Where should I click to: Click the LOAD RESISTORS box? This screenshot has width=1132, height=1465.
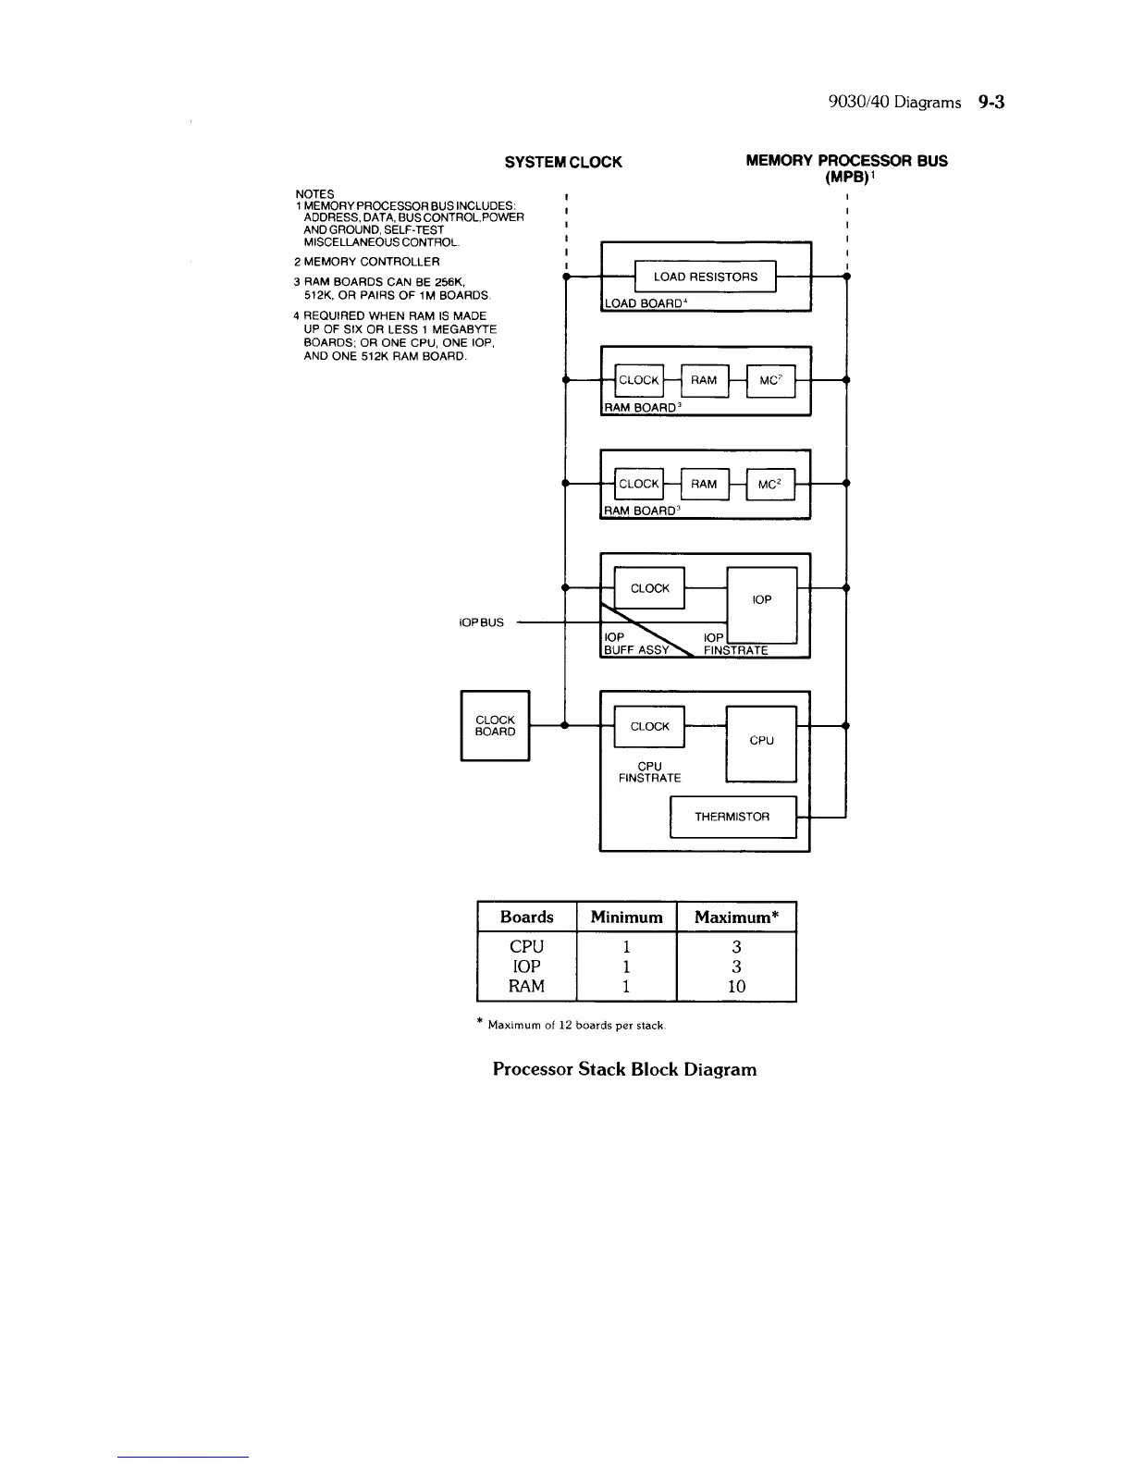click(705, 277)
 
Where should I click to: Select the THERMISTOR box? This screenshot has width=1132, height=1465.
click(732, 817)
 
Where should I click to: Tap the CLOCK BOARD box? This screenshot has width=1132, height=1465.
click(495, 726)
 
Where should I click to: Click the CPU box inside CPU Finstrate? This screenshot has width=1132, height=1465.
click(761, 741)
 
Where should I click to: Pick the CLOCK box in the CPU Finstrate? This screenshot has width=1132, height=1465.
click(649, 726)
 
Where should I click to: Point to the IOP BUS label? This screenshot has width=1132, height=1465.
click(482, 622)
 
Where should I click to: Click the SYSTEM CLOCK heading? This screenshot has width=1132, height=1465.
click(563, 162)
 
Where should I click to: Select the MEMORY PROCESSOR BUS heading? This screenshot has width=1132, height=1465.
click(846, 161)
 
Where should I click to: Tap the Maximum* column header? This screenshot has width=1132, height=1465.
click(736, 917)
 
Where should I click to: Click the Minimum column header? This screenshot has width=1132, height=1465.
click(626, 917)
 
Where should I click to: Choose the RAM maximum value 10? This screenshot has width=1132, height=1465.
click(736, 986)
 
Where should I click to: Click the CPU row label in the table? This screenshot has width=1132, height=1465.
click(526, 946)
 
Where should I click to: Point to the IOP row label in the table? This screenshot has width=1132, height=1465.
click(526, 966)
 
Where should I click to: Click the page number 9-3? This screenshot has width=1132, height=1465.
click(990, 103)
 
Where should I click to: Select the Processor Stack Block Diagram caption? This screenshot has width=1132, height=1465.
click(624, 1070)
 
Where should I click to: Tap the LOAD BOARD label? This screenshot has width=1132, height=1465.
click(643, 303)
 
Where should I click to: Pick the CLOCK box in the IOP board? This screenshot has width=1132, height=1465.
click(649, 588)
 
